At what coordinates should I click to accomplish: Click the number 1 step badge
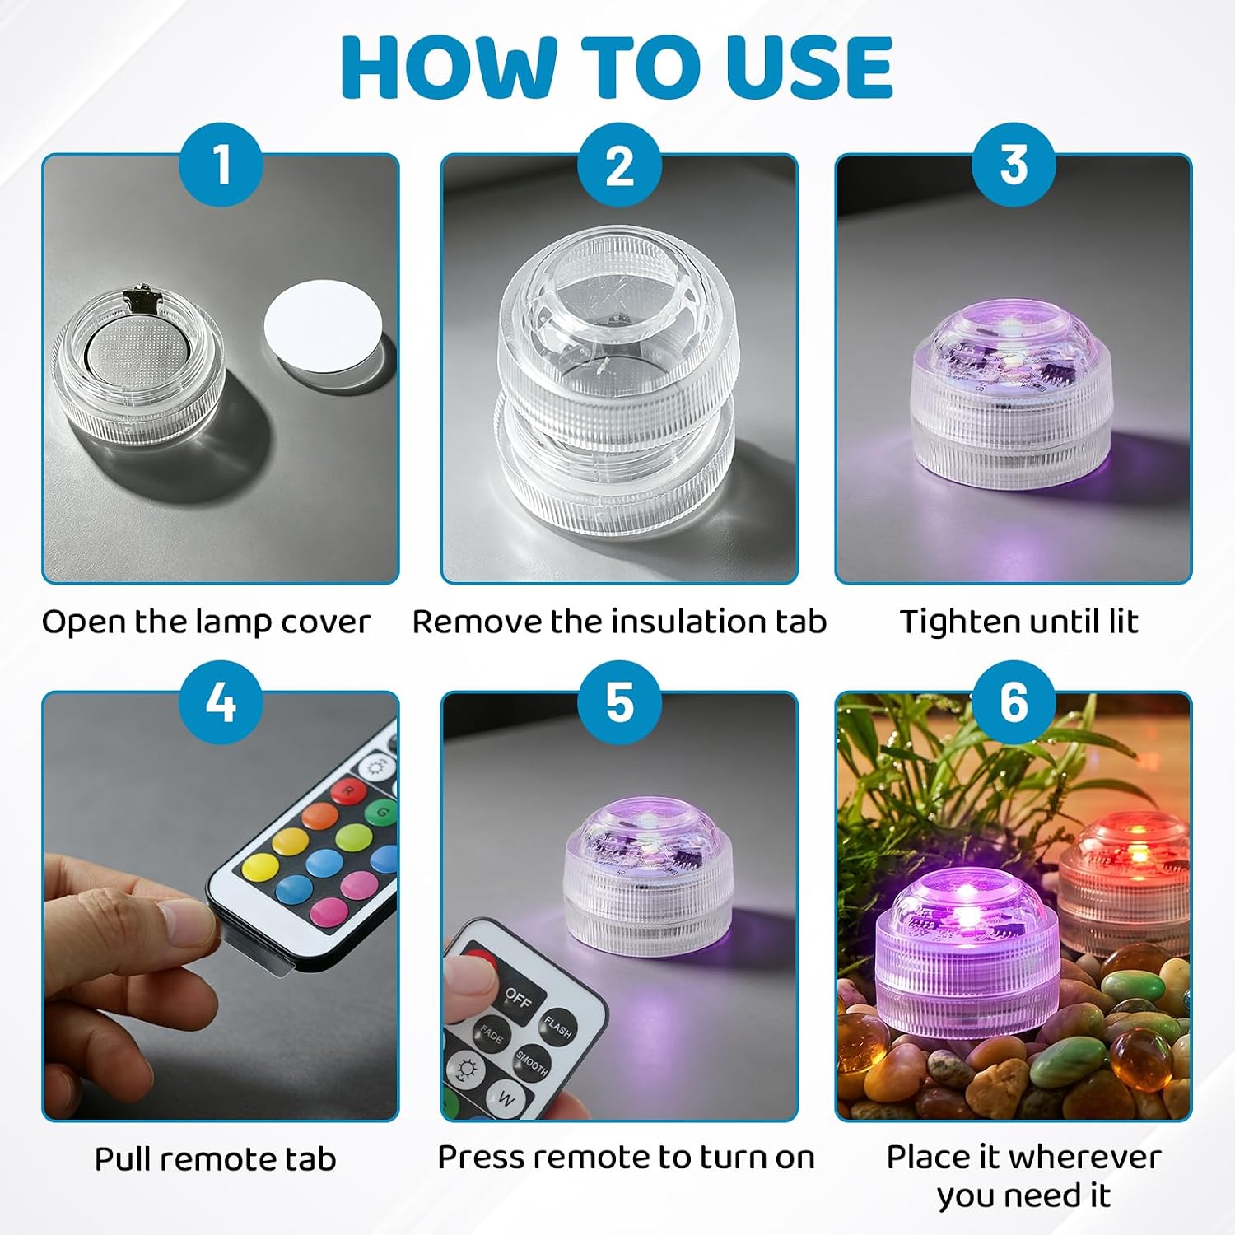pos(221,165)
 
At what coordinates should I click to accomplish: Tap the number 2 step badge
pos(619,165)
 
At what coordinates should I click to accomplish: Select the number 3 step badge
pos(1014,165)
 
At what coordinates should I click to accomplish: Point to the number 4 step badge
pos(221,702)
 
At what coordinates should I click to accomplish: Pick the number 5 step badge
pos(619,702)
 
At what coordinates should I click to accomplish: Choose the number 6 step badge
pos(1014,702)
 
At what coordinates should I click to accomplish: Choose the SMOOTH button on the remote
pos(532,1064)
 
